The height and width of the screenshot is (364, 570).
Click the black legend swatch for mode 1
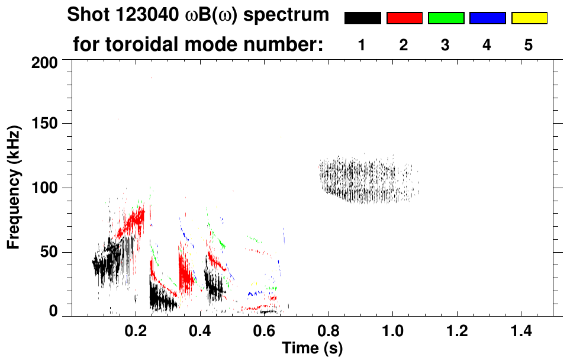click(362, 18)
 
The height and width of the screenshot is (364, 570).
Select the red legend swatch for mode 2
click(404, 18)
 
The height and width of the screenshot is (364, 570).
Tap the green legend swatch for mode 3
click(446, 18)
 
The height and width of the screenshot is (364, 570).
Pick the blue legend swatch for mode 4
click(487, 18)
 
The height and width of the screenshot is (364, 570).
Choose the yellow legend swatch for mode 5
click(529, 18)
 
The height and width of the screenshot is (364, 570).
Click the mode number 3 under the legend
click(446, 44)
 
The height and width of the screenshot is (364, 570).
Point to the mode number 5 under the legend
click(529, 44)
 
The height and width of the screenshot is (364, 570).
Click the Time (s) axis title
click(311, 349)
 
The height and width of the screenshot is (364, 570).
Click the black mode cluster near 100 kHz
click(367, 180)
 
